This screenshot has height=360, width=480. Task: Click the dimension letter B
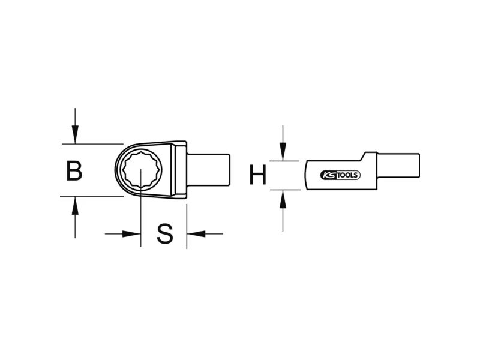[x=74, y=171]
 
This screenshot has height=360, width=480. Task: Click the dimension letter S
[x=164, y=234]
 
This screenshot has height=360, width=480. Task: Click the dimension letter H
[x=258, y=175]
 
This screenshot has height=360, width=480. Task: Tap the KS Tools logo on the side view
[x=340, y=175]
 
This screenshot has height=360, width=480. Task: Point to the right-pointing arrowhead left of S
[x=131, y=234]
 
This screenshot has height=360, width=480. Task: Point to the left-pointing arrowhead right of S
[x=196, y=234]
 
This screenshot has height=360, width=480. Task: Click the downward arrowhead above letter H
[x=283, y=152]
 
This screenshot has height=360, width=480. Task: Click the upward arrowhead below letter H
[x=283, y=199]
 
